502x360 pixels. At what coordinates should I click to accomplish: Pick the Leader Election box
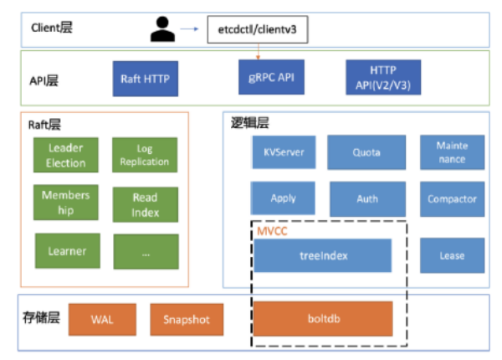(x=67, y=155)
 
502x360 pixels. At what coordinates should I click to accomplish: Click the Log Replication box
(x=146, y=155)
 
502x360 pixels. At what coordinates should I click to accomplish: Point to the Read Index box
(x=146, y=203)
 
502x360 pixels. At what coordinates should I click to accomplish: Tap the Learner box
(x=67, y=250)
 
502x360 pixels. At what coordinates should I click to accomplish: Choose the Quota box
(x=366, y=152)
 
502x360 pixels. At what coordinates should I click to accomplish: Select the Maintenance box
(x=452, y=152)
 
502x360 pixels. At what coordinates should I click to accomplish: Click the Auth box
(x=367, y=199)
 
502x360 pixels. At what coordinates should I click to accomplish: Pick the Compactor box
(x=452, y=199)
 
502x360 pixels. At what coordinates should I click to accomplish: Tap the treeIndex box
(x=322, y=255)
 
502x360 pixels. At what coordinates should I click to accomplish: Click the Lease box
(x=452, y=255)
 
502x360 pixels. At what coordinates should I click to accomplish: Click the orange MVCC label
(x=272, y=229)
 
